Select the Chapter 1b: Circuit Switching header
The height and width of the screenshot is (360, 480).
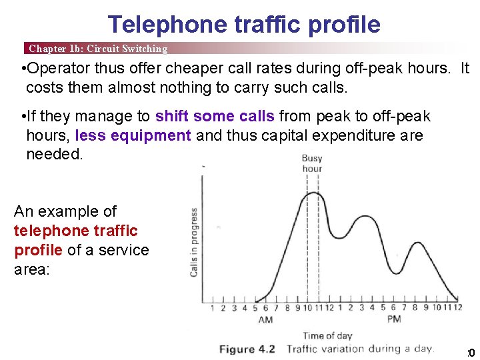point(98,49)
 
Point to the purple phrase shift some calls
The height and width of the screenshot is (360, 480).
point(215,117)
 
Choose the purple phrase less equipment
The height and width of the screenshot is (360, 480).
point(133,135)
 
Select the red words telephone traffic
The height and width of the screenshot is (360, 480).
point(75,231)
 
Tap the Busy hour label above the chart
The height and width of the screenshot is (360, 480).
point(312,163)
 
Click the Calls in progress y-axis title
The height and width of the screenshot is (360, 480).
point(194,242)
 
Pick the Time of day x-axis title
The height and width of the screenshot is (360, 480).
point(327,335)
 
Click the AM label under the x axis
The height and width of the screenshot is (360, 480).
point(265,320)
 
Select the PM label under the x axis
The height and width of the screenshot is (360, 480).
point(393,320)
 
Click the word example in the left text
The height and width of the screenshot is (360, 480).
point(65,211)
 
